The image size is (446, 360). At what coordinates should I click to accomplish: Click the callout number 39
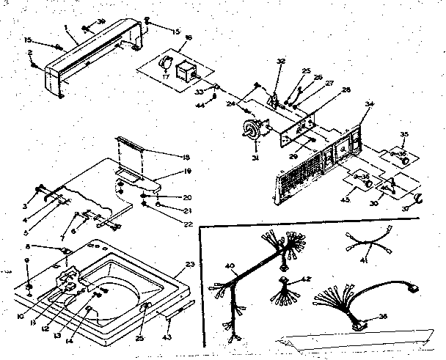101,21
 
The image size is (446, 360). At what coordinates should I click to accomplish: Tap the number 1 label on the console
66,28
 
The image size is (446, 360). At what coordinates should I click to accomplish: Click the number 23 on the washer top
190,263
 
